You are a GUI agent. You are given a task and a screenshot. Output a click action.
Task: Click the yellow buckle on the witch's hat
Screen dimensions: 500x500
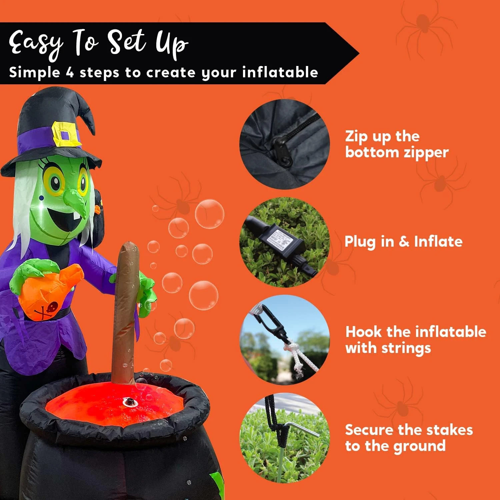pos(66,135)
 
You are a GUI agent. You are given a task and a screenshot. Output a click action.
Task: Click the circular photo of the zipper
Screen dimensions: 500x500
pos(284,144)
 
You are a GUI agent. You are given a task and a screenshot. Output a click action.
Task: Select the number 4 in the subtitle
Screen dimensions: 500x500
pos(69,72)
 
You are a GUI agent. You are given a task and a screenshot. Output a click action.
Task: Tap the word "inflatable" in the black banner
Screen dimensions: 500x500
pos(280,72)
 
